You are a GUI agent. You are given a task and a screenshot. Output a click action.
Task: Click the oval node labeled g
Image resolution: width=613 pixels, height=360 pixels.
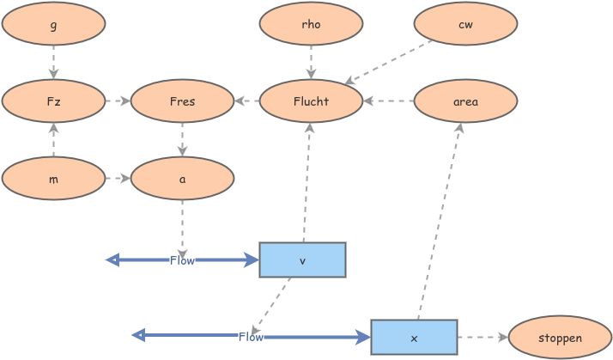click(x=53, y=24)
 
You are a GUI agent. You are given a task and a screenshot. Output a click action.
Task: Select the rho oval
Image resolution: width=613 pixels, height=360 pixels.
click(x=311, y=24)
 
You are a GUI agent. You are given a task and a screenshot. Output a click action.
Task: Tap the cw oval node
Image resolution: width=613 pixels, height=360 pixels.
click(x=465, y=24)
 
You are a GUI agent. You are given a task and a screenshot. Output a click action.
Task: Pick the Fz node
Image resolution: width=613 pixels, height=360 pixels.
click(x=53, y=101)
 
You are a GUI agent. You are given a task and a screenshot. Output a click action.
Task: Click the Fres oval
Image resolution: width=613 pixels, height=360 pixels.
click(x=182, y=101)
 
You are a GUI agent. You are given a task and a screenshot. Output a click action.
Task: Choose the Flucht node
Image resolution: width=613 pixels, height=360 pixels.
click(x=311, y=101)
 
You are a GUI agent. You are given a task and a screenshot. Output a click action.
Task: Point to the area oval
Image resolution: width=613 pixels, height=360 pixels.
click(x=465, y=101)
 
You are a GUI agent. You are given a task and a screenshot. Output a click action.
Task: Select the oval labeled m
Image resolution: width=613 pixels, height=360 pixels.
click(x=53, y=179)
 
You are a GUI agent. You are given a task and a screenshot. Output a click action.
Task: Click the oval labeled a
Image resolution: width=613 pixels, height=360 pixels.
click(x=182, y=179)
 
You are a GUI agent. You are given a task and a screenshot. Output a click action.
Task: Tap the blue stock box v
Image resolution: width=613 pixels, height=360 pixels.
click(x=302, y=259)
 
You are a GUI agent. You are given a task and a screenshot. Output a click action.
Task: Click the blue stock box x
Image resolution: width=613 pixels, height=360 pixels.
click(x=414, y=337)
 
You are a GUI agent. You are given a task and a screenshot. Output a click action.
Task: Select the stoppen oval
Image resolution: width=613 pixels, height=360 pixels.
click(x=560, y=337)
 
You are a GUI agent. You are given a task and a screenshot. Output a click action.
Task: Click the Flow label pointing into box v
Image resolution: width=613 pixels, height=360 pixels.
click(x=182, y=260)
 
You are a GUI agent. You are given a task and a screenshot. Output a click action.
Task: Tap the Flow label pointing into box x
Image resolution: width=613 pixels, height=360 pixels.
click(x=251, y=337)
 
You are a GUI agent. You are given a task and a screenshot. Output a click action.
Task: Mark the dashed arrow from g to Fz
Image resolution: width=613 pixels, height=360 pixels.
click(x=53, y=63)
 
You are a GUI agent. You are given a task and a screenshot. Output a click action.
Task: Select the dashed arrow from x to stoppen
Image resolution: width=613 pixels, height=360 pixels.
click(x=483, y=337)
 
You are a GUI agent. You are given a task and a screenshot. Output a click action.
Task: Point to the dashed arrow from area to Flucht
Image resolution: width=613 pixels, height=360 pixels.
click(x=388, y=101)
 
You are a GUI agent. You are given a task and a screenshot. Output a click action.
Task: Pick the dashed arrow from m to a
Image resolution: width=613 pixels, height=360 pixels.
click(x=118, y=179)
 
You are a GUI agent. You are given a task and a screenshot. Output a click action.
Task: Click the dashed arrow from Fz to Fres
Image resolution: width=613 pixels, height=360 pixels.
click(x=118, y=101)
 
